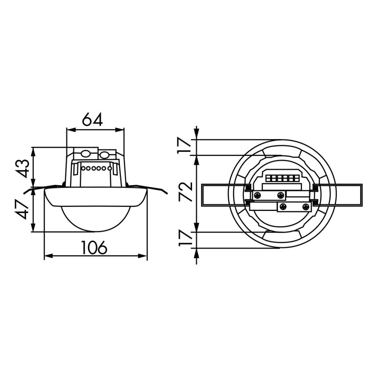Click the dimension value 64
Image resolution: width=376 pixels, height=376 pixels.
92,120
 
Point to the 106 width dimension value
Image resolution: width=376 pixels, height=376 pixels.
94,247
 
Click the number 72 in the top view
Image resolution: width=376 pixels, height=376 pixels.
186,192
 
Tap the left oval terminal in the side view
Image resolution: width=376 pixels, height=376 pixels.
86,154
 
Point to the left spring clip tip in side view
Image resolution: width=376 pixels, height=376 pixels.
26,193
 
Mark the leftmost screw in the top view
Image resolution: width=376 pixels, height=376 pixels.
258,195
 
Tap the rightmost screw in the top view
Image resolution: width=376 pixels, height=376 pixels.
306,206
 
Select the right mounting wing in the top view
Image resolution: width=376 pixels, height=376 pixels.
346,195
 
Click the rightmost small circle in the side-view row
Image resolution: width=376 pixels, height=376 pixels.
109,168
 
